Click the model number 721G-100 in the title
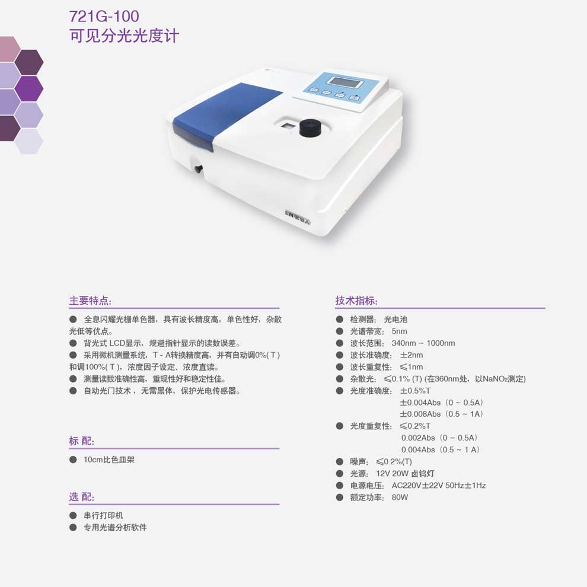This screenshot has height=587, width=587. [x=104, y=16]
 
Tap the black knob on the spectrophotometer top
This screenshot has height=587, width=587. [x=310, y=128]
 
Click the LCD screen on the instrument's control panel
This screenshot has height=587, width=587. [x=340, y=82]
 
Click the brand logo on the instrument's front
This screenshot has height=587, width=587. [x=298, y=218]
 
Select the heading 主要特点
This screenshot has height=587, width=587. [x=90, y=301]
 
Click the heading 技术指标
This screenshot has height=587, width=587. [x=356, y=301]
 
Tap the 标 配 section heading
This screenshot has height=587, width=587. [x=81, y=441]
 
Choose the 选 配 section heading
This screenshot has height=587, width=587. [x=81, y=497]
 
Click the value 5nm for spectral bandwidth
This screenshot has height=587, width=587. [x=399, y=331]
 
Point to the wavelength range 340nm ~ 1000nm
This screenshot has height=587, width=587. [x=423, y=343]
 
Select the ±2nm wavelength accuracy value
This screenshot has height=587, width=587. [x=411, y=355]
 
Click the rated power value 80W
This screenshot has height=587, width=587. [x=400, y=497]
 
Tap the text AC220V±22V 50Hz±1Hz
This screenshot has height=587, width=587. [x=438, y=486]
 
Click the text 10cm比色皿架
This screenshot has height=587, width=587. [x=109, y=460]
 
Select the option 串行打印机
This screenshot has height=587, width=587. [x=103, y=515]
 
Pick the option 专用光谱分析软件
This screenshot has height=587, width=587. [x=115, y=528]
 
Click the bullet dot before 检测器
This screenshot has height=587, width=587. [x=340, y=320]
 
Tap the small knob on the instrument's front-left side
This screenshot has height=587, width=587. [x=198, y=169]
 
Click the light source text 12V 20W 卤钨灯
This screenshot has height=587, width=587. [x=405, y=474]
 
